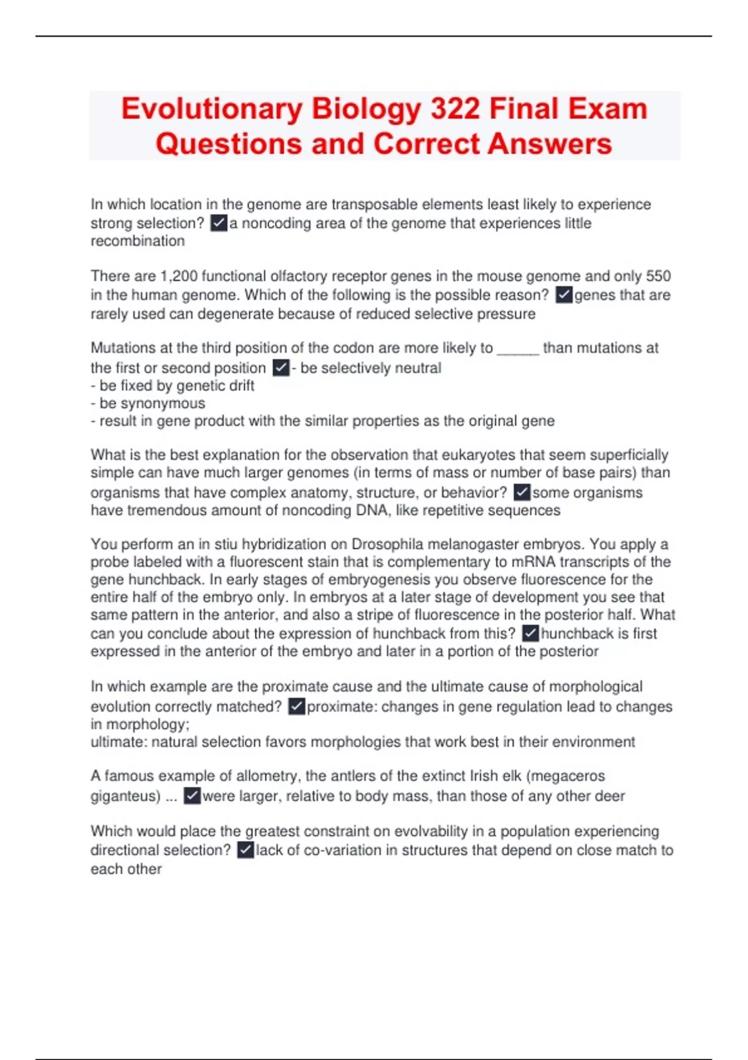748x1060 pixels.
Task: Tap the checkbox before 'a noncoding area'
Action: pos(219,223)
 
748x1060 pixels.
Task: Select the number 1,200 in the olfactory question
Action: pos(178,276)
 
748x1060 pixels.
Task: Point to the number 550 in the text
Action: pos(658,276)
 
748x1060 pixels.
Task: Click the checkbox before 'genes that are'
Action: pos(563,294)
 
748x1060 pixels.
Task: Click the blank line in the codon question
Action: pos(517,349)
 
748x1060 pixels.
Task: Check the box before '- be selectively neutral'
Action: pos(281,368)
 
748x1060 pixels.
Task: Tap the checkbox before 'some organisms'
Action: pos(522,493)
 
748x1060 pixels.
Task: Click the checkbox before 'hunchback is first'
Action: pos(530,634)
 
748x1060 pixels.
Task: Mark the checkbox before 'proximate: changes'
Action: pos(297,706)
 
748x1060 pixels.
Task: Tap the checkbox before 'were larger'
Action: pos(192,796)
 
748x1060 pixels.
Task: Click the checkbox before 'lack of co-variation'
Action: pos(246,850)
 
